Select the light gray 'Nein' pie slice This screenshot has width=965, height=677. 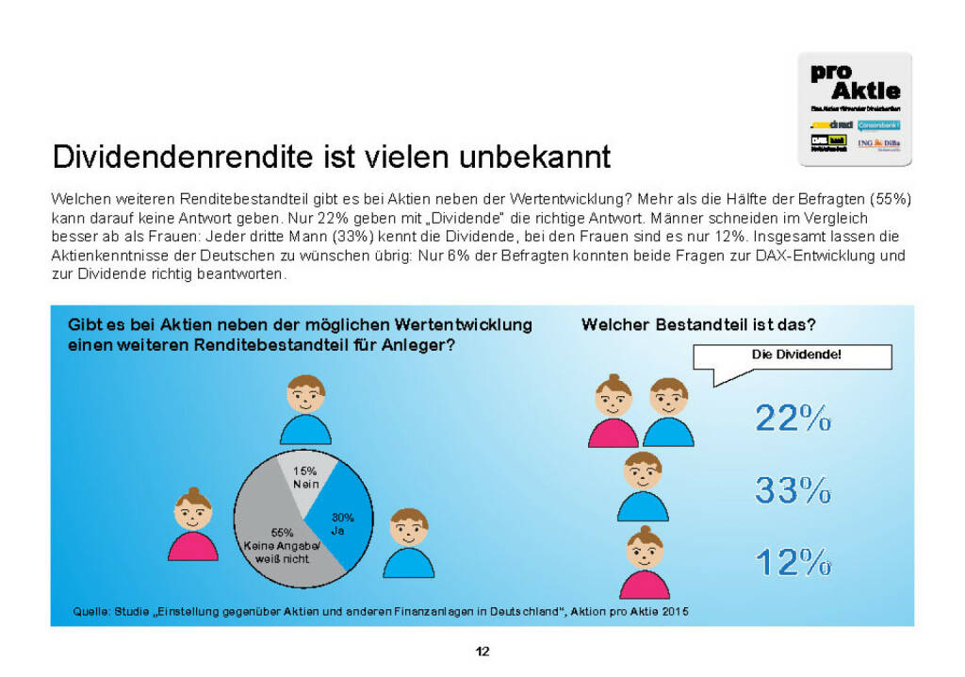click(x=304, y=477)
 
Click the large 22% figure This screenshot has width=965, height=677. click(x=793, y=417)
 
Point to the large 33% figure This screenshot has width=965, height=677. click(x=793, y=489)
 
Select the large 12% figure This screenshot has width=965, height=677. click(x=793, y=562)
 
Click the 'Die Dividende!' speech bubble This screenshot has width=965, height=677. click(x=792, y=356)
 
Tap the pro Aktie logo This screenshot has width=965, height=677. click(x=855, y=108)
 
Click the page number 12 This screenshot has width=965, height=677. click(x=482, y=651)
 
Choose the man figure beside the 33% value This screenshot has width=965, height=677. click(x=643, y=486)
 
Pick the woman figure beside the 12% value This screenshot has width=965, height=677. click(x=645, y=562)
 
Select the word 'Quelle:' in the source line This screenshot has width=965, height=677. click(x=91, y=612)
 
